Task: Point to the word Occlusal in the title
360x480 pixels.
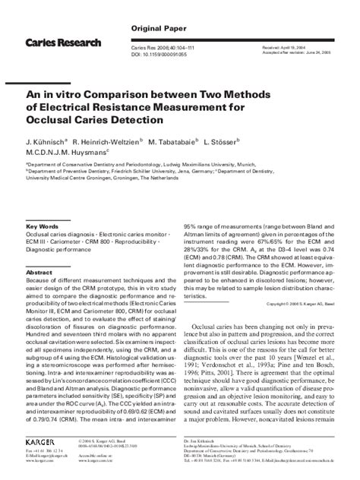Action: click(55, 122)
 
